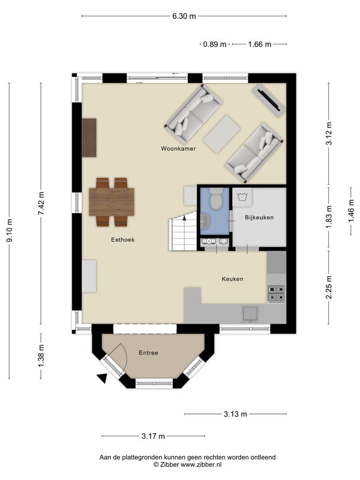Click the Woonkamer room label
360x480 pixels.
coord(178,149)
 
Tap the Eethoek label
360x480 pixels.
coord(123,239)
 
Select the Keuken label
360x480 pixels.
coord(232,279)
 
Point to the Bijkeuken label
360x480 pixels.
coord(259,217)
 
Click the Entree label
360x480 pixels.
coord(148,353)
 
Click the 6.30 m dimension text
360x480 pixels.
coord(184,16)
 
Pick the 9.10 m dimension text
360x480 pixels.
coord(10,230)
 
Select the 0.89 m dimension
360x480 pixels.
coord(215,44)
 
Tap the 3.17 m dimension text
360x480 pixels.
coord(154,436)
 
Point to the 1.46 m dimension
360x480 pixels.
coord(351,211)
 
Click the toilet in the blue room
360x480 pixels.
coord(216,199)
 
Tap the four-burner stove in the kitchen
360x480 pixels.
coord(276,293)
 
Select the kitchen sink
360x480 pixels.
coord(250,313)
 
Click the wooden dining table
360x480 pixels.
coord(112,202)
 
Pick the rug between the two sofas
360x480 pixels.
coord(221,134)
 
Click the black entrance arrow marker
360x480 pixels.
coord(102,378)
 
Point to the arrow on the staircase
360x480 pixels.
coord(184,218)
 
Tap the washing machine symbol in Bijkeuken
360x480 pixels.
coord(243,197)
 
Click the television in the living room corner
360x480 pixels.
coord(268,100)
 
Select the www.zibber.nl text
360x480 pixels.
coord(201,464)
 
